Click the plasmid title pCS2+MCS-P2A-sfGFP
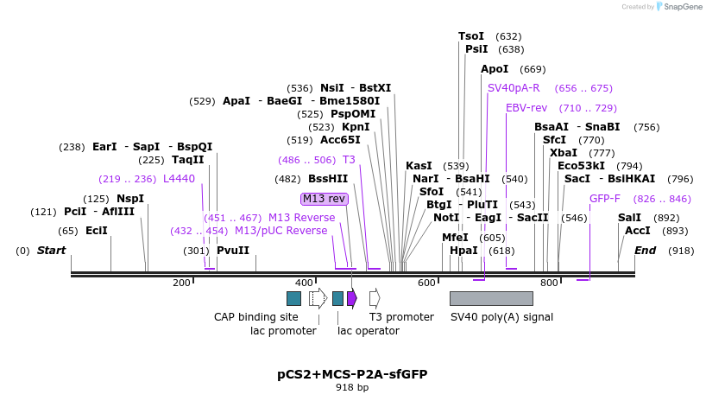click(x=352, y=374)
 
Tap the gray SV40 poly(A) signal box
click(x=491, y=298)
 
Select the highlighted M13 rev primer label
click(x=325, y=199)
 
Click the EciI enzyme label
click(x=97, y=231)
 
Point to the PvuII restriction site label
click(x=232, y=251)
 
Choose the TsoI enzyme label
click(x=471, y=36)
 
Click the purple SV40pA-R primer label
click(x=514, y=88)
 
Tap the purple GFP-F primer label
click(x=604, y=199)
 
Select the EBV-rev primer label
click(x=526, y=108)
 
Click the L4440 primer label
click(x=179, y=179)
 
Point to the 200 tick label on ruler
click(x=181, y=283)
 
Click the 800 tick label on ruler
click(x=549, y=283)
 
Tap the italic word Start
click(x=51, y=251)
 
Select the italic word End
click(x=645, y=251)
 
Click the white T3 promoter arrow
click(x=375, y=298)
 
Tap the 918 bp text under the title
click(x=352, y=388)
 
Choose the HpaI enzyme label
click(x=463, y=251)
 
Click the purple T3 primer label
click(x=349, y=160)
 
